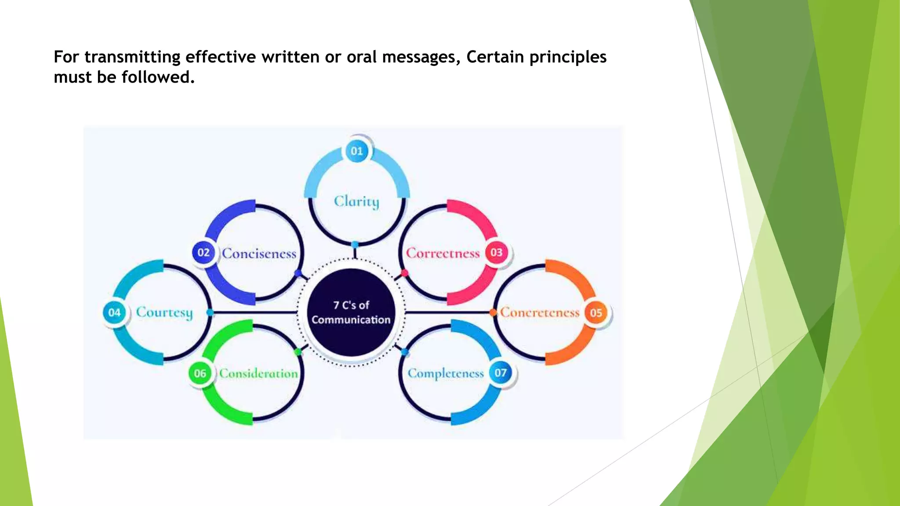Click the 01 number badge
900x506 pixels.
tap(357, 151)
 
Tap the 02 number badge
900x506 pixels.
tap(203, 253)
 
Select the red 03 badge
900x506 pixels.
tap(496, 253)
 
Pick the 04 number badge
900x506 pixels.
tap(114, 312)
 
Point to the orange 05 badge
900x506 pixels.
tap(595, 313)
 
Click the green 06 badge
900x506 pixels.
tap(200, 373)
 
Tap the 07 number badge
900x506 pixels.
tap(501, 373)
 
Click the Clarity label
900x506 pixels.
tap(356, 202)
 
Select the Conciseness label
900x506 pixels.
tap(259, 253)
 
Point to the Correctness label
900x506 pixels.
tap(443, 253)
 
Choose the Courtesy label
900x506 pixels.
tap(164, 312)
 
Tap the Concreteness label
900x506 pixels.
tap(540, 313)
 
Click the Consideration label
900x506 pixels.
tap(258, 373)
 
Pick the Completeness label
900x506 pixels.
tap(446, 373)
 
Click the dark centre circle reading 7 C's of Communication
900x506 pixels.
tap(351, 312)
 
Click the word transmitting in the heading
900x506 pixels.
tap(132, 57)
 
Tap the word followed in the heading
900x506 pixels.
tap(158, 77)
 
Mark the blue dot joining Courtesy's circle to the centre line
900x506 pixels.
tap(210, 312)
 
